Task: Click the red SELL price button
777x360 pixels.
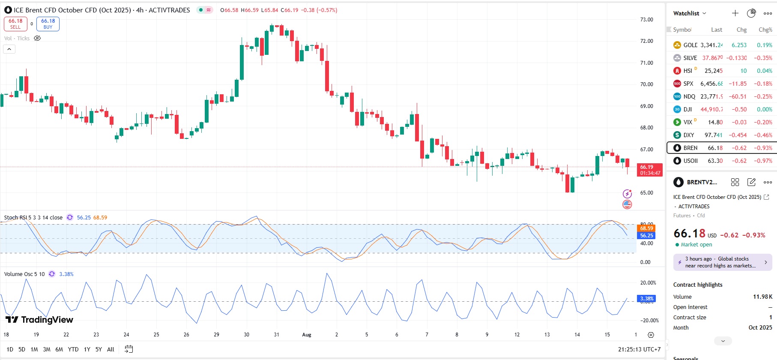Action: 15,24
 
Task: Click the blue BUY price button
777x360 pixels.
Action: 48,24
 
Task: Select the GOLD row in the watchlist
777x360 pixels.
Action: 690,45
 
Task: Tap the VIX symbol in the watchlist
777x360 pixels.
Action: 687,122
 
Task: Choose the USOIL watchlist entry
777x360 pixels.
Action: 690,161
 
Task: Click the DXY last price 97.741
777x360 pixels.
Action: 713,135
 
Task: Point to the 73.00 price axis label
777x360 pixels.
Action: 646,20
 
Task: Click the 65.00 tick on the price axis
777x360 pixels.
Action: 646,193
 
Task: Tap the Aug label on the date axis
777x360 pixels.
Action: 307,335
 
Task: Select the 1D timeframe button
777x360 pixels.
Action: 10,349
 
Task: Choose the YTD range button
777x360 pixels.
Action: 73,349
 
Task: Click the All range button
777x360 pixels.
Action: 111,349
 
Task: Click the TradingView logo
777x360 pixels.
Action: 39,320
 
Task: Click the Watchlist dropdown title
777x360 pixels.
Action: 689,13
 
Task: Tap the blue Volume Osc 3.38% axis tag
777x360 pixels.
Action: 646,298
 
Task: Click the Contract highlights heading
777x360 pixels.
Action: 697,285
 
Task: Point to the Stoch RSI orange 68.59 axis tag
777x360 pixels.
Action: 646,228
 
